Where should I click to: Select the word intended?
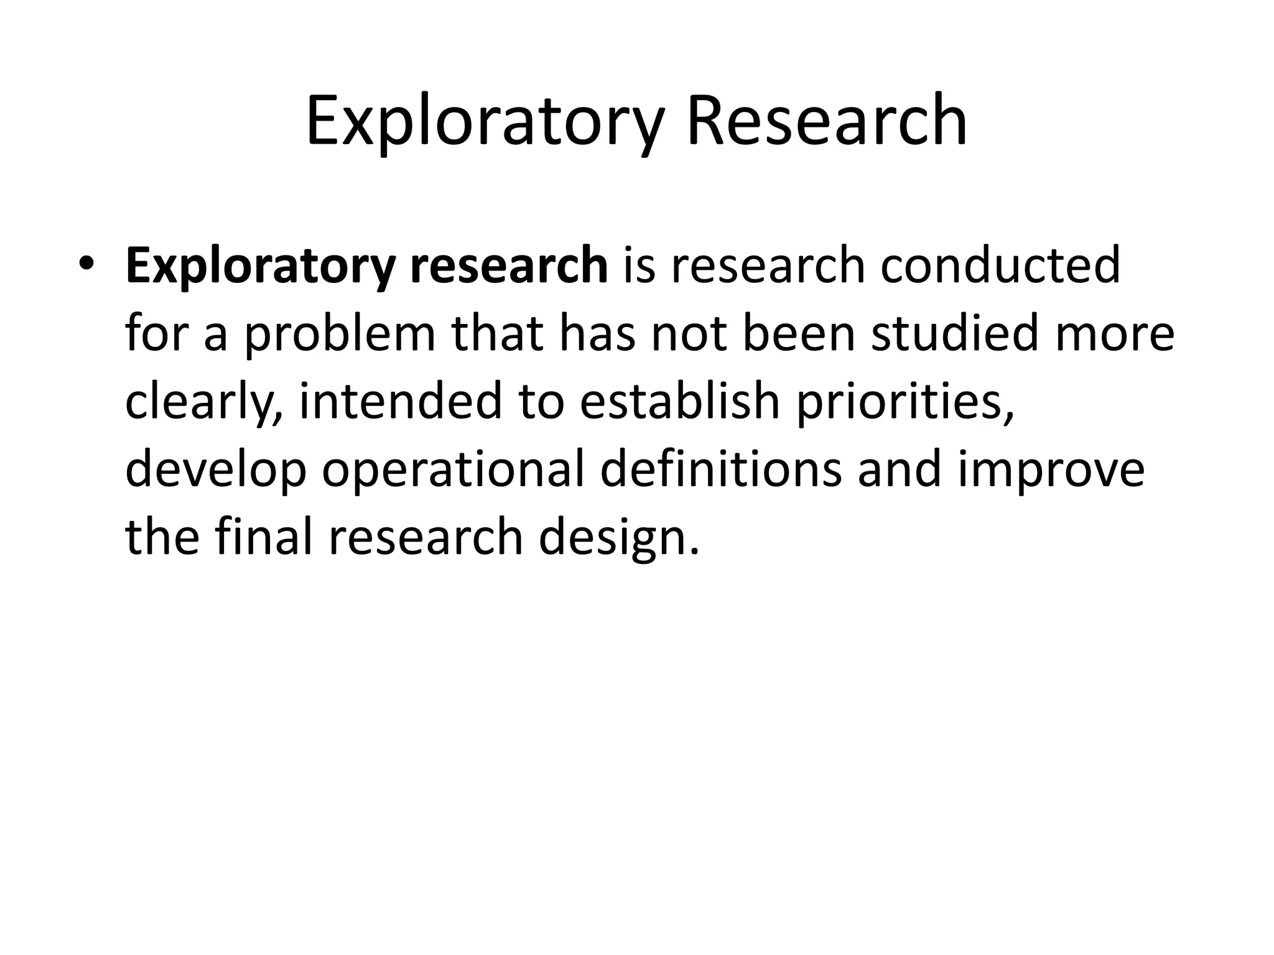[x=400, y=401]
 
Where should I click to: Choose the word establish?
[x=680, y=401]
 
